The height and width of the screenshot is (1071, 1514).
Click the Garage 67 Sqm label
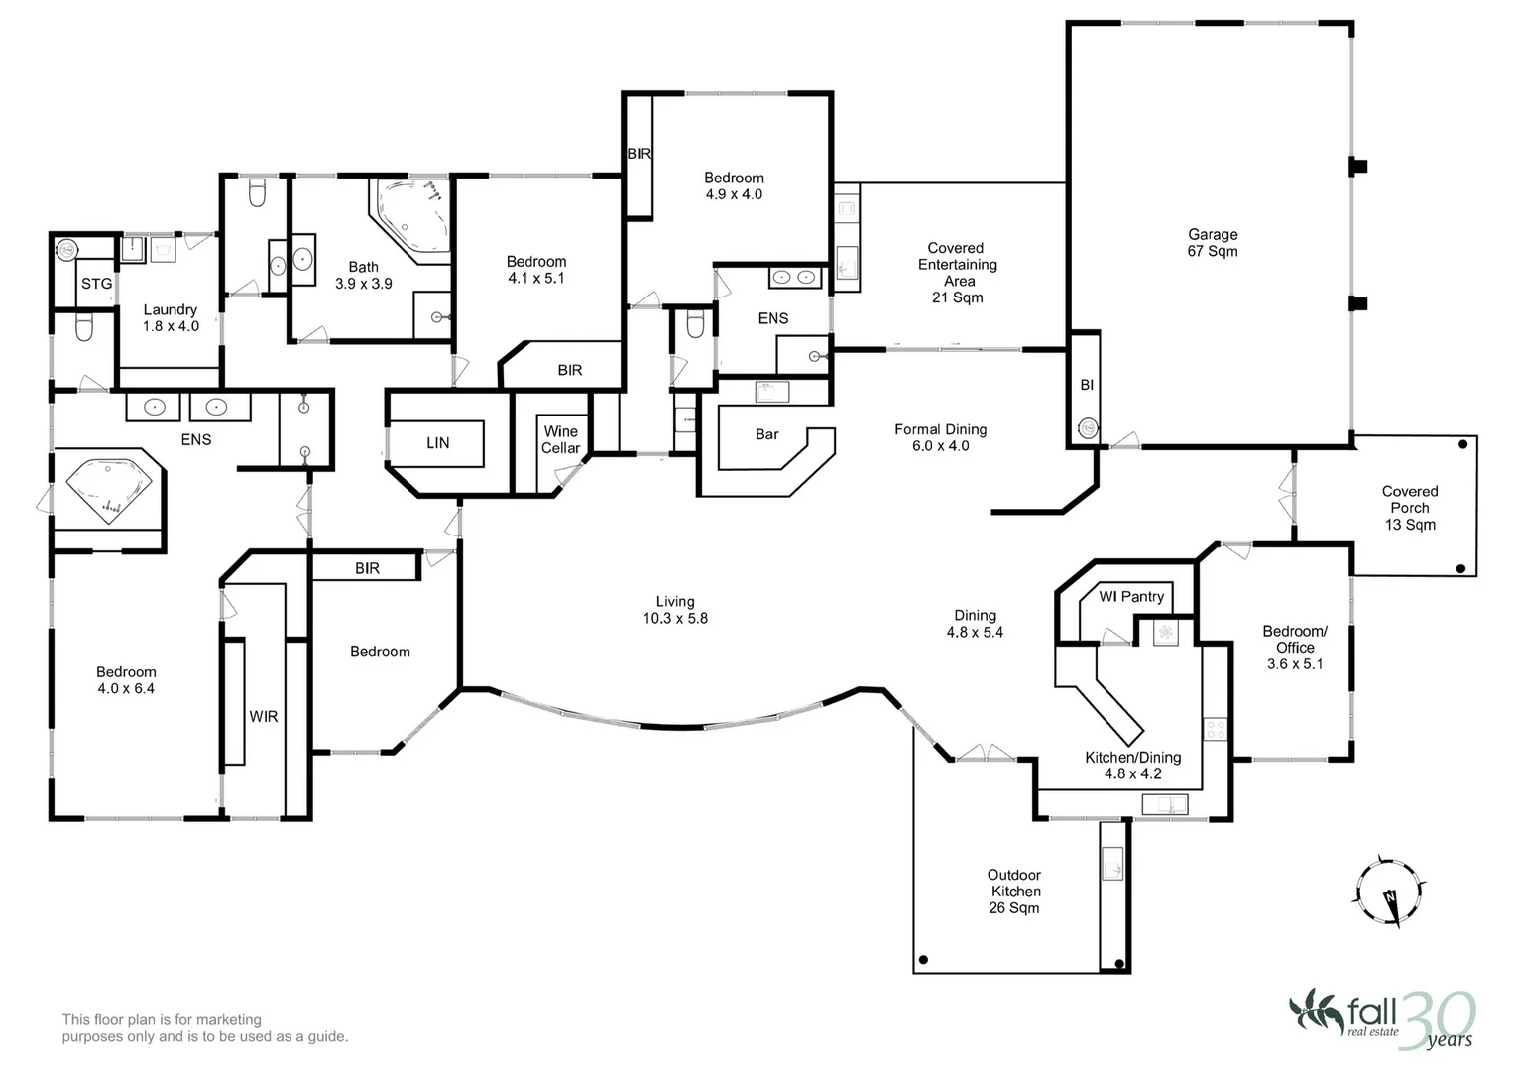pos(1213,243)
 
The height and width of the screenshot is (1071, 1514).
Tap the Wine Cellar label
pos(560,439)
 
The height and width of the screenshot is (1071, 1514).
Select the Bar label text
pos(767,434)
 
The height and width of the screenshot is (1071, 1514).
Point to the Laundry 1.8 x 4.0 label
pos(171,317)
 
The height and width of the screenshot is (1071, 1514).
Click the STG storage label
pos(96,284)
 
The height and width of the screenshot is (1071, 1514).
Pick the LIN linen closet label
pos(438,443)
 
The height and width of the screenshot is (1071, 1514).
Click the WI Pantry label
pos(1131,596)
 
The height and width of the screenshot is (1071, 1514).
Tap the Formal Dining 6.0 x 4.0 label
pos(940,437)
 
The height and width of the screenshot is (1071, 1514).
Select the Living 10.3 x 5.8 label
pos(675,609)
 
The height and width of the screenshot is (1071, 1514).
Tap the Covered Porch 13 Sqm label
pos(1409,508)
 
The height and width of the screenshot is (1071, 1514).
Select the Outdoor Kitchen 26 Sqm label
pos(1014,892)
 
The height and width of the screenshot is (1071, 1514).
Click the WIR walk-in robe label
pos(264,716)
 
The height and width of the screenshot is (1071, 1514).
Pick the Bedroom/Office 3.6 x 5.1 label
pos(1295,647)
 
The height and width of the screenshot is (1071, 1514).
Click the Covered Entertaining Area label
pos(957,273)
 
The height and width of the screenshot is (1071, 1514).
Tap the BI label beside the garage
pos(1087,385)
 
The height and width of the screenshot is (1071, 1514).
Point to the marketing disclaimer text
pos(205,1027)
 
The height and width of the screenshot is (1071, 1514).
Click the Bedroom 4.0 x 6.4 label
pos(126,680)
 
